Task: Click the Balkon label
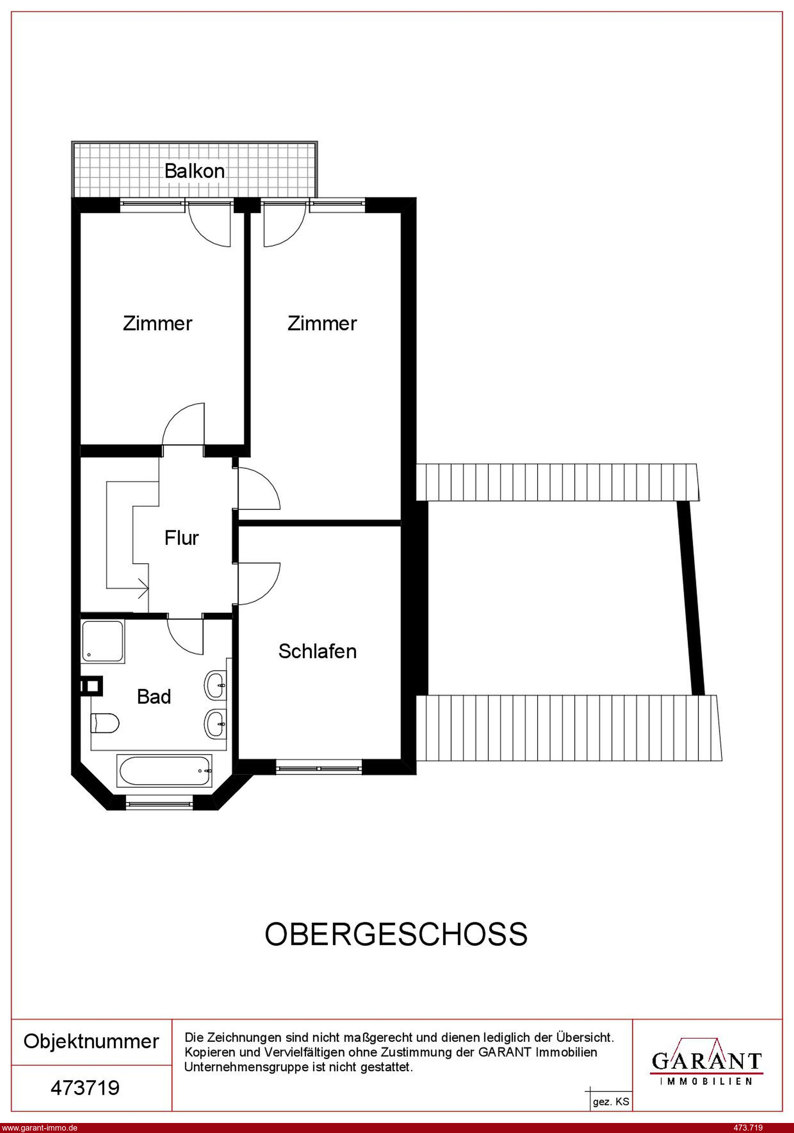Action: [x=195, y=171]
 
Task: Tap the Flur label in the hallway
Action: [x=181, y=538]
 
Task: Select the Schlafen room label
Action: [x=317, y=651]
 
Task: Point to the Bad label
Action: [x=154, y=697]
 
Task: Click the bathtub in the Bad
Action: [x=165, y=770]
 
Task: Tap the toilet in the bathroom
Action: [x=105, y=724]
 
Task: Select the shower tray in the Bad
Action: [x=103, y=641]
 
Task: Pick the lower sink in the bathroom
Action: [x=216, y=724]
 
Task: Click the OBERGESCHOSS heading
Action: [x=396, y=934]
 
